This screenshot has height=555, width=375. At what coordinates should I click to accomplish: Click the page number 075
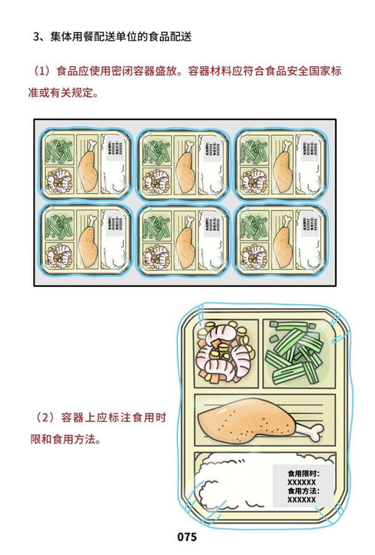click(x=186, y=537)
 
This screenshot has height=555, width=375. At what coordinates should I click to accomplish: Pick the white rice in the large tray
click(x=233, y=481)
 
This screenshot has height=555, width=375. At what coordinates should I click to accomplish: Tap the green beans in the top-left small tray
click(x=58, y=150)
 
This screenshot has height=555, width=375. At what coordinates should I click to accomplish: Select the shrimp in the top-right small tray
click(x=253, y=180)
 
